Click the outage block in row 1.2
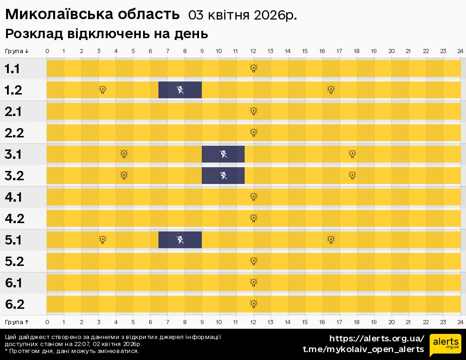click(180, 90)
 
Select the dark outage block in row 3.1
click(223, 154)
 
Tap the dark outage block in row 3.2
click(223, 176)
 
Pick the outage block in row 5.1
click(180, 240)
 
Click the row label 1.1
click(12, 69)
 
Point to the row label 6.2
click(14, 305)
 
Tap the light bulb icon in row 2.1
click(254, 111)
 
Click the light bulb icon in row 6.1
click(254, 282)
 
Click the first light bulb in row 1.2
click(103, 89)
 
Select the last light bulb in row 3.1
click(353, 154)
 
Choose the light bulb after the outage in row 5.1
click(331, 239)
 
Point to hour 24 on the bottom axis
click(460, 322)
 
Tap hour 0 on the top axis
click(47, 51)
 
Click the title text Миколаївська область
click(92, 15)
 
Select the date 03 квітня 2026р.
click(242, 15)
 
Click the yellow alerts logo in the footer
click(445, 344)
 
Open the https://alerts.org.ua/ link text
click(377, 339)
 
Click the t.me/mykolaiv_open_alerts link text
click(363, 349)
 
